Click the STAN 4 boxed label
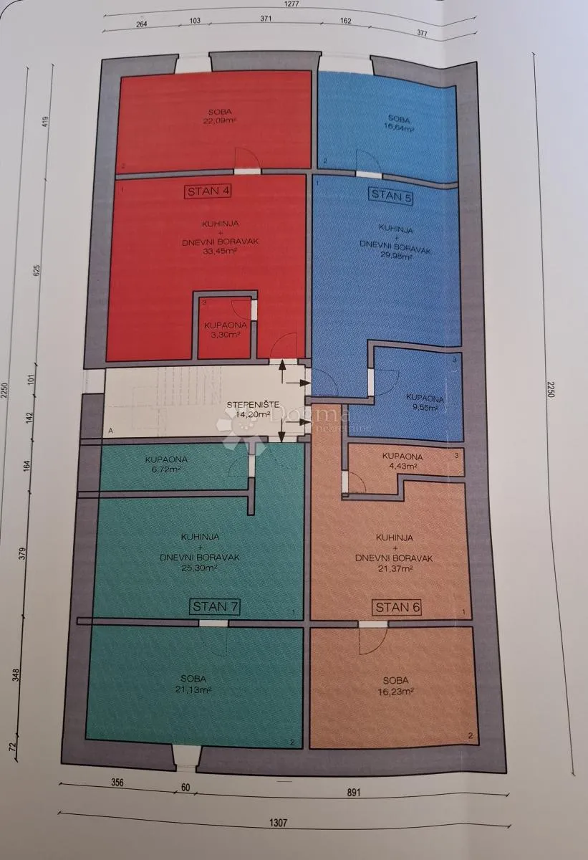coord(208,191)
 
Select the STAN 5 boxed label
coord(391,196)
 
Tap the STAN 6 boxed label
coord(397,608)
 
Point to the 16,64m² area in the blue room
coord(400,128)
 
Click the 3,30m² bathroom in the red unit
coord(225,335)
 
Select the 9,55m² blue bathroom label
coord(425,408)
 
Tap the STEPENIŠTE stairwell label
coord(253,405)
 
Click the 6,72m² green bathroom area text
coord(165,469)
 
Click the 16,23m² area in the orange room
coord(396,692)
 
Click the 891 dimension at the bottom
coord(353,793)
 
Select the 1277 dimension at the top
coord(292,4)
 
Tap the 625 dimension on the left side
coord(37,270)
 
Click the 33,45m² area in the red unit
coord(219,252)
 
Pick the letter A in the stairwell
coord(110,431)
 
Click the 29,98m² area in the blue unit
coord(395,256)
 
